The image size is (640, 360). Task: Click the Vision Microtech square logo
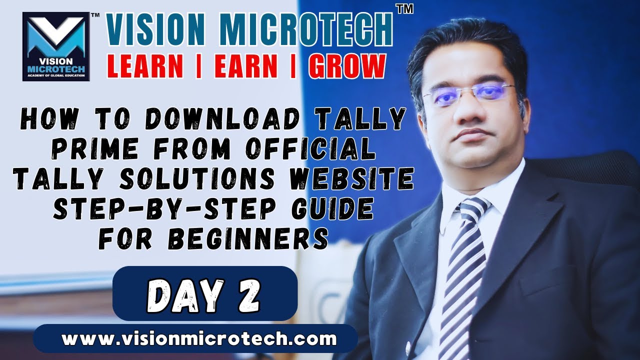click(x=54, y=46)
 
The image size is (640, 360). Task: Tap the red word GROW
click(x=347, y=66)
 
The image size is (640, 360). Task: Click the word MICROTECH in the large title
click(x=306, y=31)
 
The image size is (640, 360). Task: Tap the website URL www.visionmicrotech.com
click(x=199, y=338)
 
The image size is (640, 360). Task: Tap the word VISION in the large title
click(x=157, y=31)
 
